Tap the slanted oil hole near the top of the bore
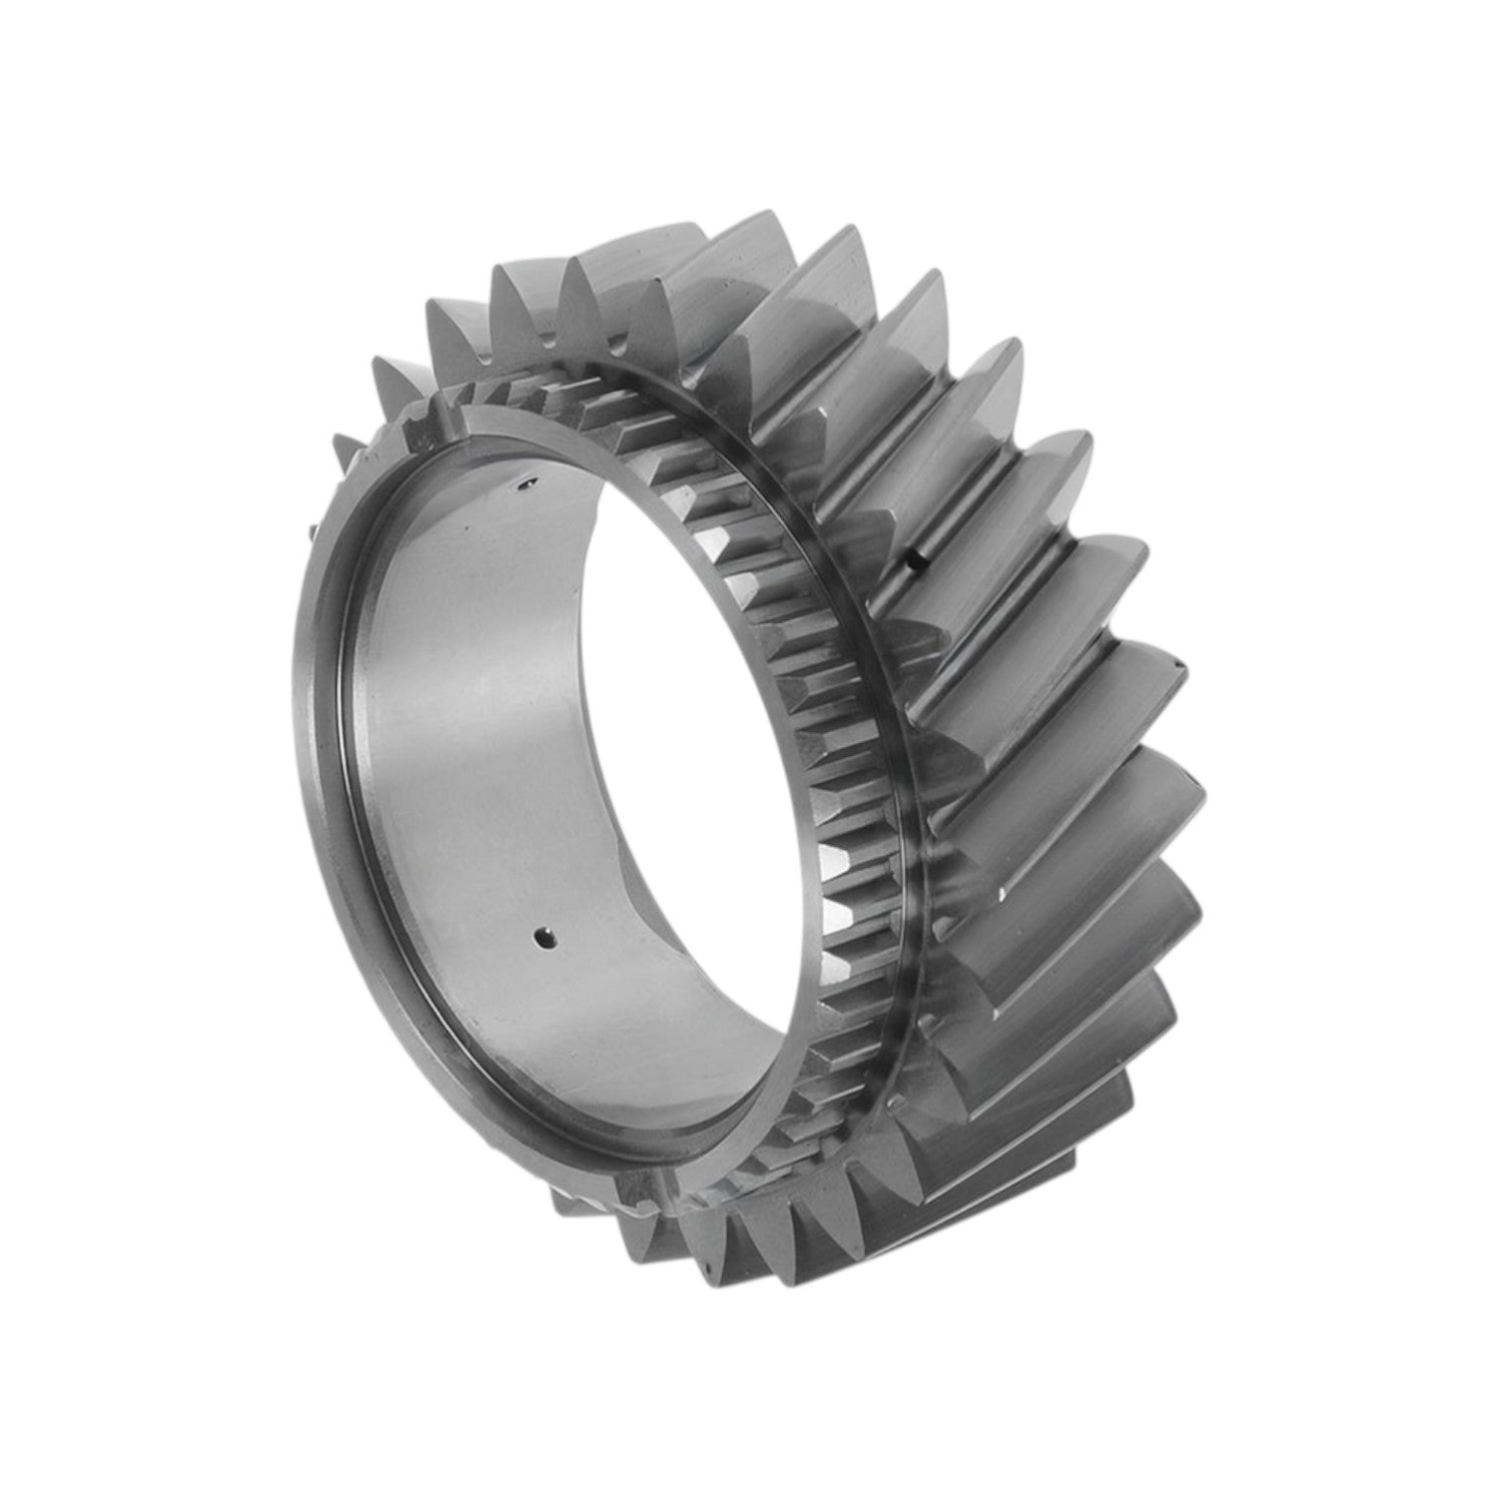519,486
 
